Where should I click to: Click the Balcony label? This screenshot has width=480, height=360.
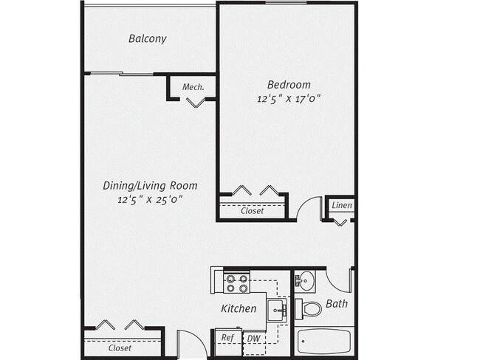[147, 38]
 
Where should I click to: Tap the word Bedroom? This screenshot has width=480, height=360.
[288, 84]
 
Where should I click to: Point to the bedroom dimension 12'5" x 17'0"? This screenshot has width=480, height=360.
[288, 97]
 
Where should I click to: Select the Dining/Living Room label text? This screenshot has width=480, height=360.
[150, 186]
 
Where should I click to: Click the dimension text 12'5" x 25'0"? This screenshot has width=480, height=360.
[150, 199]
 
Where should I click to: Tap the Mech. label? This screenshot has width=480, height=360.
[193, 86]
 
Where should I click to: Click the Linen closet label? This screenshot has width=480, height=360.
[341, 205]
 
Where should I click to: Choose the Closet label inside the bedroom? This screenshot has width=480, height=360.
[253, 211]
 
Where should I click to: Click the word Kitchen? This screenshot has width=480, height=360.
[239, 308]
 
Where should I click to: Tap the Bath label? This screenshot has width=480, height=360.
[336, 303]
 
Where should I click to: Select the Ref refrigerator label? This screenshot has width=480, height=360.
[227, 338]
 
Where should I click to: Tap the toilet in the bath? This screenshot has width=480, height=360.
[311, 308]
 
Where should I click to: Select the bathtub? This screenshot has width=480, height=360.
[324, 341]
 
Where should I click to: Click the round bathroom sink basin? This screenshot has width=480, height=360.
[306, 280]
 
